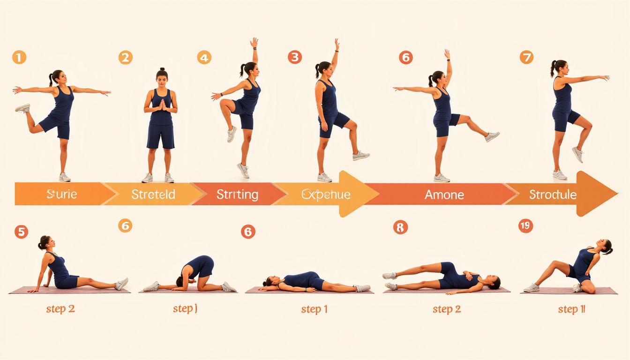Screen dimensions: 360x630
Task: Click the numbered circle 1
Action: [19, 58]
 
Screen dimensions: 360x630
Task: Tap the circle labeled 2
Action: [125, 58]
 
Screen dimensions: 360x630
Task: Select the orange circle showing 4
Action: [204, 58]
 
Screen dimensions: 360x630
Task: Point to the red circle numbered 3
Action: [294, 58]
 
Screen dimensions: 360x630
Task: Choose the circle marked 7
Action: [526, 58]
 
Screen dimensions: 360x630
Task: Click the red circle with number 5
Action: [21, 232]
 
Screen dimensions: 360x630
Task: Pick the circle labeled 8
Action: [400, 227]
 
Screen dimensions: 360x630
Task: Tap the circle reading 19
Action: [525, 226]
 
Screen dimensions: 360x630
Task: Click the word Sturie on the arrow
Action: [62, 194]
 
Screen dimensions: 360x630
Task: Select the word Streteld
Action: [154, 194]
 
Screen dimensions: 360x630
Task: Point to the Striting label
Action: [237, 194]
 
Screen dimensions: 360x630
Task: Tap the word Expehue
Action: [326, 194]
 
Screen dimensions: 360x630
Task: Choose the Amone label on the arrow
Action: [444, 194]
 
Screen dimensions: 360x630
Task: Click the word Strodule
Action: [553, 194]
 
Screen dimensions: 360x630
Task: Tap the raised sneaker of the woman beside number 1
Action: [22, 108]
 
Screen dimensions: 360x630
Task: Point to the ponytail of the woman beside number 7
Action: [553, 68]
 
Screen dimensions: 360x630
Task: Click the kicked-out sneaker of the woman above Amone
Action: [492, 136]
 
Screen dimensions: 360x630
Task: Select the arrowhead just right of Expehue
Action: [359, 194]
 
